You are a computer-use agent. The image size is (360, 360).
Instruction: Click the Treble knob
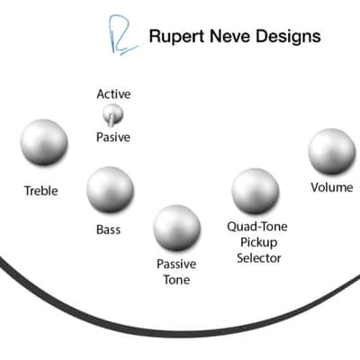pos(44,142)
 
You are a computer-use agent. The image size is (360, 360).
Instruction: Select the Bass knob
pos(110,190)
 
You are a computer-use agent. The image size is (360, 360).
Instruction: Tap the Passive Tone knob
pos(176,228)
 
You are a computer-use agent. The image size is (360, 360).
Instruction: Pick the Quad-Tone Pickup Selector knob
pos(256,191)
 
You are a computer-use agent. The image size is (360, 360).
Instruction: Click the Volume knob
pos(332,151)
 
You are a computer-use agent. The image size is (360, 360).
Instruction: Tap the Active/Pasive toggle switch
pos(112,115)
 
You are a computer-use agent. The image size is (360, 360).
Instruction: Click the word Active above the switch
pos(113,94)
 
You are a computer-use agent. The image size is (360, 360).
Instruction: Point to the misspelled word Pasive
pos(113,138)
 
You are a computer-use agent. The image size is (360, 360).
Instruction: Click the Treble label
pos(41,191)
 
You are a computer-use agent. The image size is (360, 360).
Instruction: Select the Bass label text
pos(108,229)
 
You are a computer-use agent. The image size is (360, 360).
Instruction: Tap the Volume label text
pos(332,187)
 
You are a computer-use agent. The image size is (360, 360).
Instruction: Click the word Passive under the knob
pos(176,265)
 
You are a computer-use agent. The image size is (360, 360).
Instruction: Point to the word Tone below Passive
pos(176,280)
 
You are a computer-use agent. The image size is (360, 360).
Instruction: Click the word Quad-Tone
pos(257,227)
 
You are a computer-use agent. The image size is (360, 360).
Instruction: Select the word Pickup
pos(258,242)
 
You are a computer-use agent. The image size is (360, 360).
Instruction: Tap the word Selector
pos(259,258)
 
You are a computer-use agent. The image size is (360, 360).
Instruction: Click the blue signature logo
pos(123,35)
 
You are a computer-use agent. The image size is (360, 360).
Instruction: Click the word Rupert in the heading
pos(177,37)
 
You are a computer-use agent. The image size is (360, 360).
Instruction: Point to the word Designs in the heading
pos(288,37)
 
